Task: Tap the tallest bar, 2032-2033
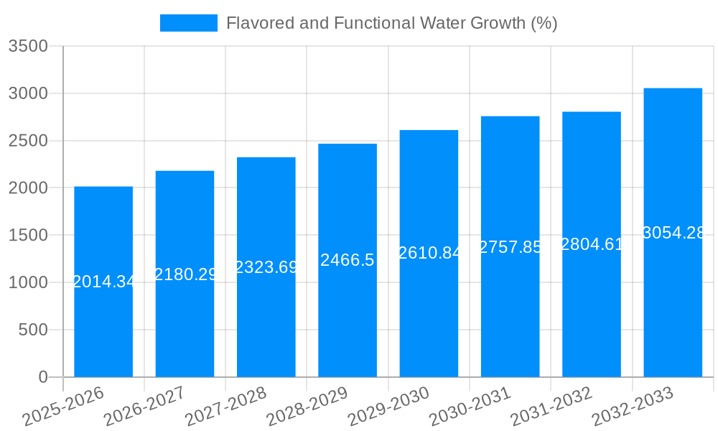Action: pyautogui.click(x=673, y=302)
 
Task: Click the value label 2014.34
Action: pyautogui.click(x=103, y=282)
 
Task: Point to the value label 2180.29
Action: pyautogui.click(x=185, y=274)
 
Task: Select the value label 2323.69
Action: pyautogui.click(x=266, y=267)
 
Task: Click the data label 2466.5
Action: pyautogui.click(x=348, y=260)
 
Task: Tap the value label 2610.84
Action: pyautogui.click(x=429, y=253)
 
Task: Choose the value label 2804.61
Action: pyautogui.click(x=592, y=244)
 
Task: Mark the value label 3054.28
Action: pyautogui.click(x=673, y=233)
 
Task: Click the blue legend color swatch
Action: pyautogui.click(x=188, y=23)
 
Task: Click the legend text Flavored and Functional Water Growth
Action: pyautogui.click(x=391, y=23)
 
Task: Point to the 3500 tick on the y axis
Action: pyautogui.click(x=28, y=47)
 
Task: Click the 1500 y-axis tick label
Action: pyautogui.click(x=28, y=236)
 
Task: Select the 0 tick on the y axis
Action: pyautogui.click(x=42, y=377)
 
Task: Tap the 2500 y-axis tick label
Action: pyautogui.click(x=28, y=141)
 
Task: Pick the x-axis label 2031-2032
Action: pyautogui.click(x=551, y=407)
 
